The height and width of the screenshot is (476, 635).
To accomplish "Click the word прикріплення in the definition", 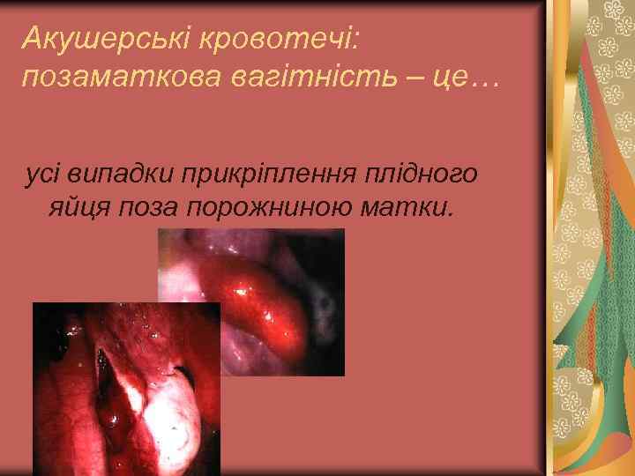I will coord(281,174).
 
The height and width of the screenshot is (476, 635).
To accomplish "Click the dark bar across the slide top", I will coord(273,4).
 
